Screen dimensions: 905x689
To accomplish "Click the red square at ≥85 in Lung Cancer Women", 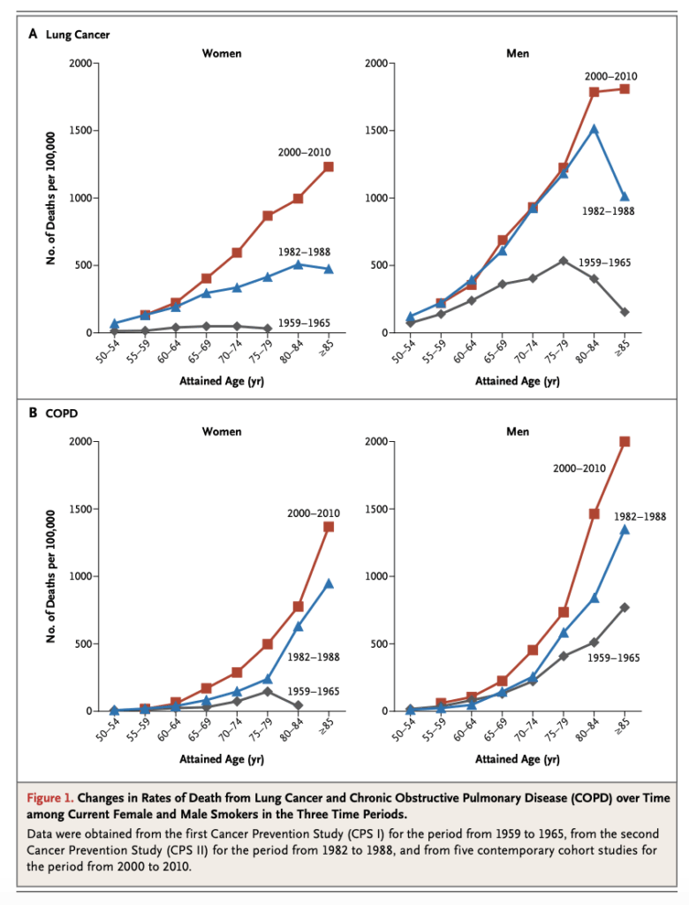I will [x=329, y=166].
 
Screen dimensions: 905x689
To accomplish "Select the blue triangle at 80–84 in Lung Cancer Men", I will [x=594, y=128].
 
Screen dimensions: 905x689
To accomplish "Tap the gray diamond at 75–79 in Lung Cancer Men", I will [x=564, y=261].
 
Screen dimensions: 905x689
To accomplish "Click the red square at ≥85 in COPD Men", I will [x=625, y=441].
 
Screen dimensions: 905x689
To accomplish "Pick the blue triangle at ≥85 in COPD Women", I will [x=329, y=583].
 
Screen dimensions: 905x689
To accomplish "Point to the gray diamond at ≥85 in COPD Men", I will [x=625, y=607].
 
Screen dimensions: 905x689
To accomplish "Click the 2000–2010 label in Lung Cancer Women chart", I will [x=304, y=153].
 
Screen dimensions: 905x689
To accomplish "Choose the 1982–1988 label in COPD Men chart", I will [x=640, y=516].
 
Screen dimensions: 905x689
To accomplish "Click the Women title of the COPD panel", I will [x=222, y=431].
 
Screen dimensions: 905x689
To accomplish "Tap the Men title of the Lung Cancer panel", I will [x=518, y=53].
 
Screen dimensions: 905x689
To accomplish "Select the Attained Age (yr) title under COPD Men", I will [x=518, y=759].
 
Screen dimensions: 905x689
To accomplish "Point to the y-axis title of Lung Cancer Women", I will [x=50, y=197].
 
